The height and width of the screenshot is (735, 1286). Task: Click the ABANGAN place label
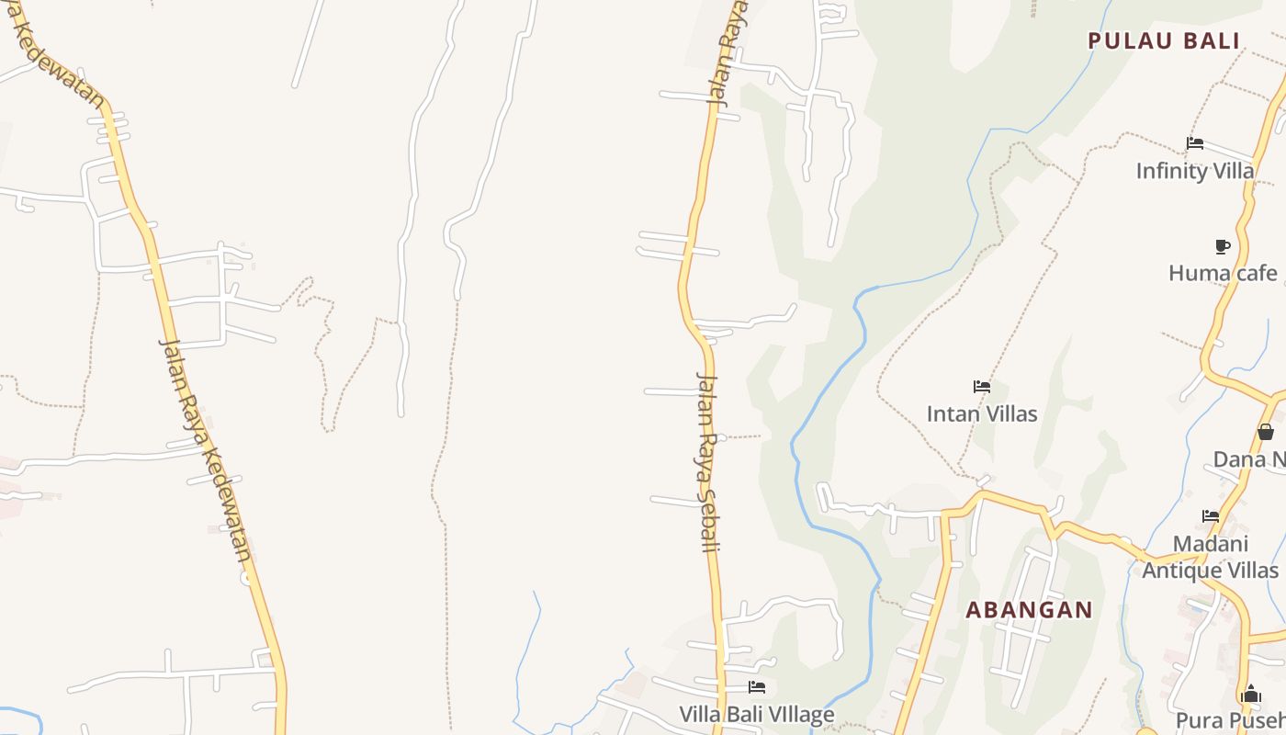click(x=1029, y=610)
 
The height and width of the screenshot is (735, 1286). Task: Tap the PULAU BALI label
click(x=1164, y=40)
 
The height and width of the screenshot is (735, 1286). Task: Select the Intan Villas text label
click(x=982, y=413)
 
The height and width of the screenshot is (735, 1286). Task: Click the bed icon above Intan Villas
click(x=982, y=387)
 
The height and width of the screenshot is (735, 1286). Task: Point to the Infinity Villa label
click(x=1194, y=171)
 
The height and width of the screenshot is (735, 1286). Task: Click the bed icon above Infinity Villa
click(x=1195, y=143)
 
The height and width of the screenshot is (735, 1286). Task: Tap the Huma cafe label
click(x=1223, y=273)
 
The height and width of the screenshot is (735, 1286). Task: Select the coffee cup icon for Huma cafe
click(x=1223, y=246)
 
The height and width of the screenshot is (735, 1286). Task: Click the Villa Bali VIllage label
click(x=756, y=714)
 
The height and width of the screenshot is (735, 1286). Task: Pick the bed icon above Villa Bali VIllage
click(x=756, y=686)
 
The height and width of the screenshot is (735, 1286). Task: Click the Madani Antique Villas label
click(x=1210, y=557)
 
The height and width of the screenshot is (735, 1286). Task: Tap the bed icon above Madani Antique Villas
click(x=1211, y=516)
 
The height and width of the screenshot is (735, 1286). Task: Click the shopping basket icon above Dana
click(x=1266, y=432)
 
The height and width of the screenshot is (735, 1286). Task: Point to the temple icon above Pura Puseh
click(x=1250, y=695)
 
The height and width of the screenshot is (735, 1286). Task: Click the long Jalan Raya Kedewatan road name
click(x=206, y=450)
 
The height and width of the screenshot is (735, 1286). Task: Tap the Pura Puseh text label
click(x=1231, y=720)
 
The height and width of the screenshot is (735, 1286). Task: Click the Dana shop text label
click(x=1249, y=459)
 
